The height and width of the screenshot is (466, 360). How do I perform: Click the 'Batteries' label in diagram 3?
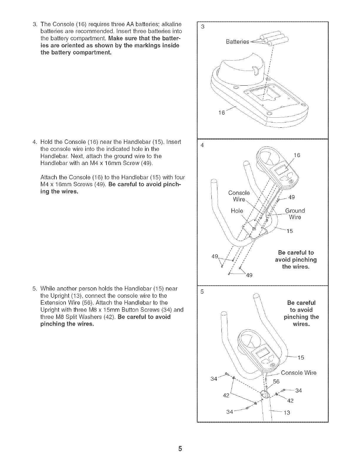pos(237,41)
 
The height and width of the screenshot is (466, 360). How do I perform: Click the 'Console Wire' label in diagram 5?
pos(299,373)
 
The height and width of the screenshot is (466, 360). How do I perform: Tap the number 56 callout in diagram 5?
pos(276,382)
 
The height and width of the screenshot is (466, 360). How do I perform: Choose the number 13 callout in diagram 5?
pos(286,412)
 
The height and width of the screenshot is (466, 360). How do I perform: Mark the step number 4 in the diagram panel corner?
pos(202,145)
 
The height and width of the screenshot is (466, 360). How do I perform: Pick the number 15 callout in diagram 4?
pos(289,231)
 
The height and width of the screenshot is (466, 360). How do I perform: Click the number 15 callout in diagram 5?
pos(300,358)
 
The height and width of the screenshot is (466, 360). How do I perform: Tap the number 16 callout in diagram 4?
pos(297,155)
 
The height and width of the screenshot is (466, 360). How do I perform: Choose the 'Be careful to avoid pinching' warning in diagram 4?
pos(296,260)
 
